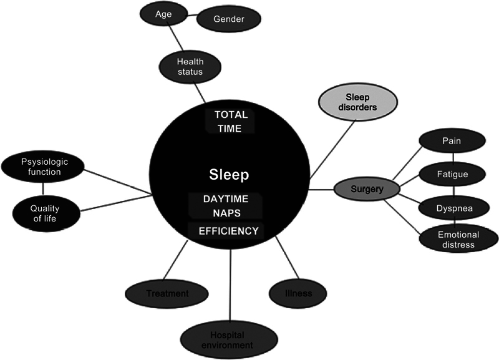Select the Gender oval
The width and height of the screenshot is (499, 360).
(x=229, y=19)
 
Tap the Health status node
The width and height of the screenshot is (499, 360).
(x=190, y=67)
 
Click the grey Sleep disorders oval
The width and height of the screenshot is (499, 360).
(x=358, y=102)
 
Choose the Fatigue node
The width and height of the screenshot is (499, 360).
(x=452, y=174)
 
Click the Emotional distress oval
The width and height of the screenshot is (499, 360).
(x=458, y=239)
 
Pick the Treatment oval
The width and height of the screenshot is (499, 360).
(x=167, y=293)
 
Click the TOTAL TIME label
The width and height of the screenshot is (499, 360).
(x=231, y=122)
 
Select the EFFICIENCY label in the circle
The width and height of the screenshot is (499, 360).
(x=228, y=231)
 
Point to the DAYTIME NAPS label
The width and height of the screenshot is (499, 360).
(x=226, y=205)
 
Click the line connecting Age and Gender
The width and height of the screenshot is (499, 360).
(x=185, y=14)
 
